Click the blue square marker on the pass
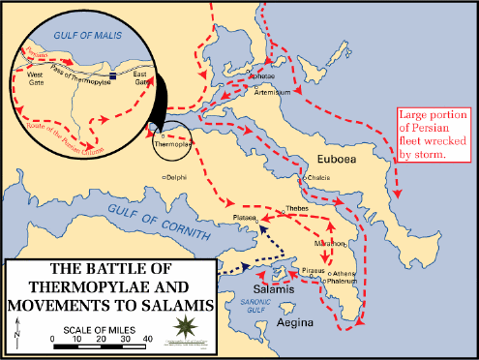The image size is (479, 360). [114, 75]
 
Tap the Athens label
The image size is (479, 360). [346, 274]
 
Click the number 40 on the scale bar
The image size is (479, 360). [148, 339]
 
